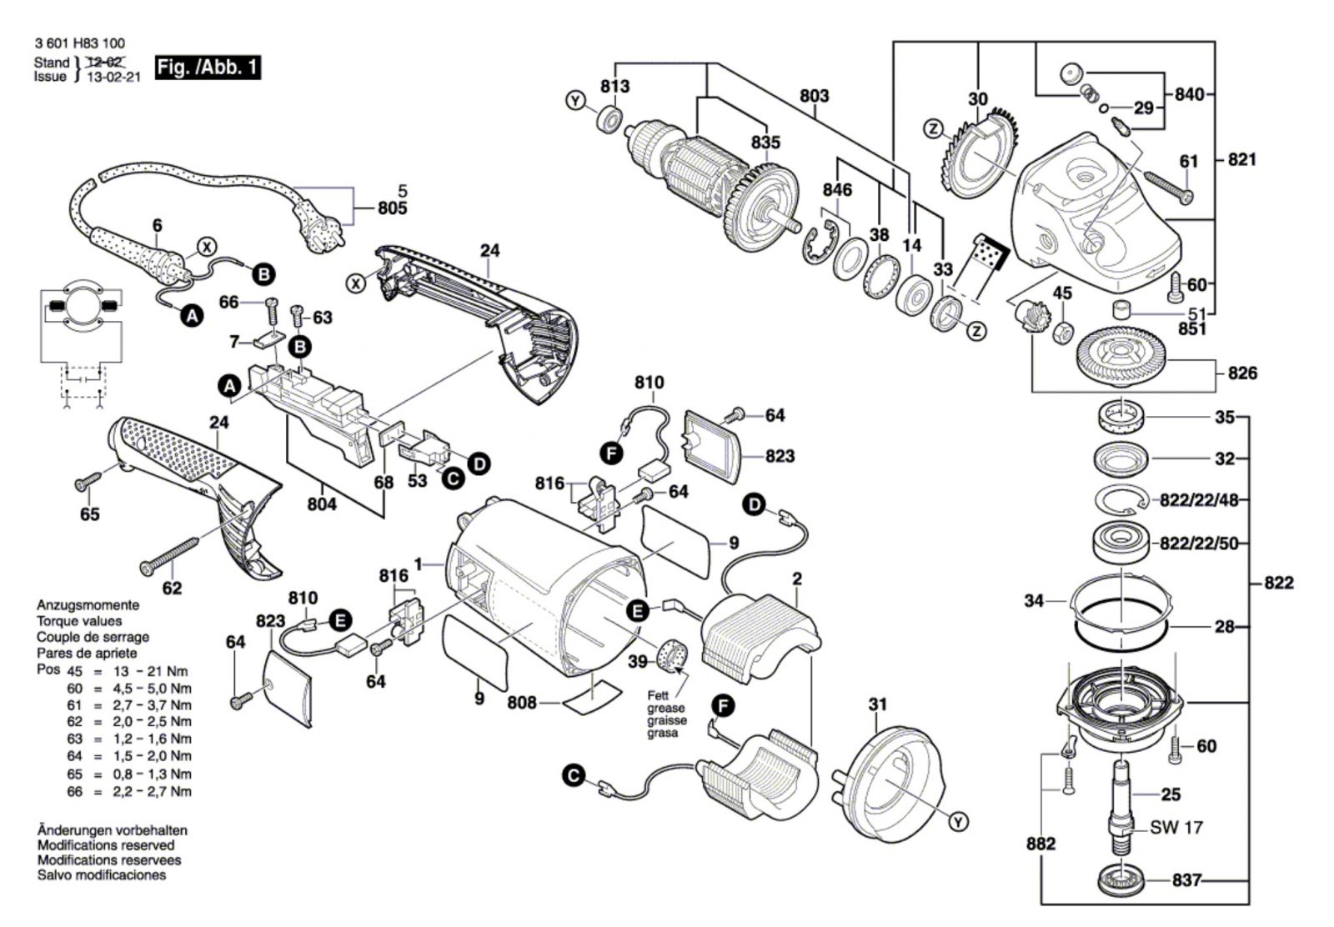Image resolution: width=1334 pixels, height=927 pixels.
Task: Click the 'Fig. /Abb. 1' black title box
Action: pos(208,68)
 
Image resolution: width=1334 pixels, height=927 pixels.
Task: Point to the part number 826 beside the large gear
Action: pos(1241,373)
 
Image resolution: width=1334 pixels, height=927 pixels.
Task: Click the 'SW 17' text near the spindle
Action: pos(1176,828)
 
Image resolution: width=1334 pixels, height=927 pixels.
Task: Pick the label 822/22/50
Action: pos(1199,544)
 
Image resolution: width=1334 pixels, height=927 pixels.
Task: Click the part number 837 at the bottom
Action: pos(1186,880)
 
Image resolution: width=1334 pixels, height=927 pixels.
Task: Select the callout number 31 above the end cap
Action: pos(877,705)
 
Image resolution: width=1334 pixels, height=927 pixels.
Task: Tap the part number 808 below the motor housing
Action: pos(523,703)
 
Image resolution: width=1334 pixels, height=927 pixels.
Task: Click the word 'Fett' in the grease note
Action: pos(659,695)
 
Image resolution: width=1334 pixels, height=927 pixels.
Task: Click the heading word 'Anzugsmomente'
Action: pos(88,605)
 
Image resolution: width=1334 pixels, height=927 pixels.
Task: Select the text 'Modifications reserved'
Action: pos(106,845)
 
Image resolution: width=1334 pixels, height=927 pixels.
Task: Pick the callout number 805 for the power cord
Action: pos(392,208)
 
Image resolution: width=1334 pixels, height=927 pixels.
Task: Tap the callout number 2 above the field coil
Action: pos(797,579)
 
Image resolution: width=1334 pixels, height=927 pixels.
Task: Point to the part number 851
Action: pos(1192,328)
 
